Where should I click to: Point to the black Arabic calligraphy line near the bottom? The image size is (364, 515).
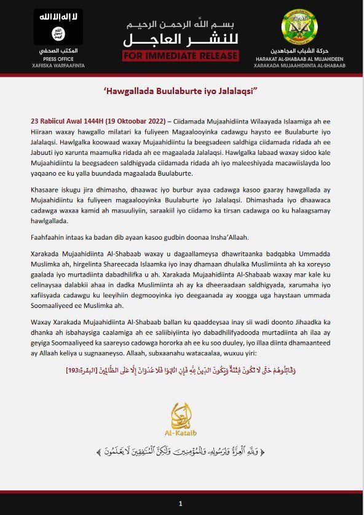(x=181, y=452)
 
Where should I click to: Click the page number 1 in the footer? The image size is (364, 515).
(x=181, y=503)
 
